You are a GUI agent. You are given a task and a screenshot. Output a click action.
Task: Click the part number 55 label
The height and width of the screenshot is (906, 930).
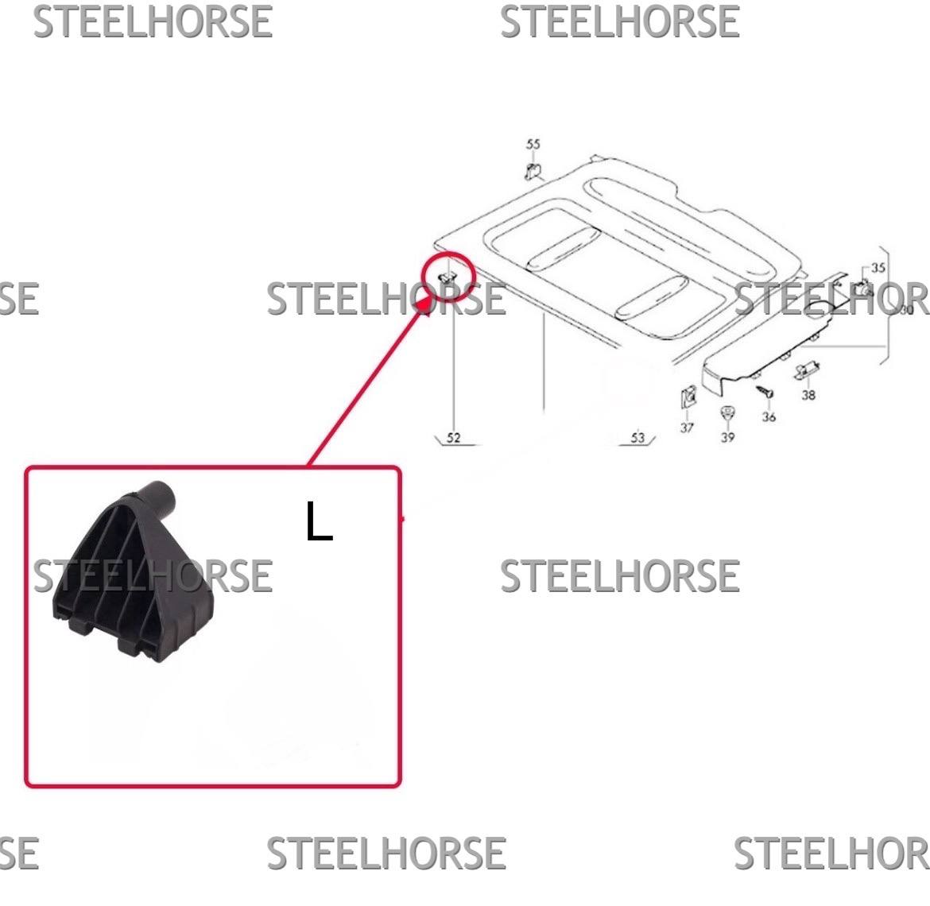tap(533, 144)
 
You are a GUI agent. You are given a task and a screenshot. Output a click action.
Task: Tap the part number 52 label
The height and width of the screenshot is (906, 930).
tap(453, 438)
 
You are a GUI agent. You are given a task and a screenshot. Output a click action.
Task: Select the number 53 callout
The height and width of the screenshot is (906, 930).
tap(637, 438)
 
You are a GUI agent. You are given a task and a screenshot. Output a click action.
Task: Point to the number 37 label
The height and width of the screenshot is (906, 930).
tap(687, 428)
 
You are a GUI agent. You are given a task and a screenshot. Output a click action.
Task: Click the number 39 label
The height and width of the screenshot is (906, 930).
tap(728, 437)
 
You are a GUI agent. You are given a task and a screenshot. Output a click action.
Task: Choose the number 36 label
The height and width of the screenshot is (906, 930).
tap(769, 416)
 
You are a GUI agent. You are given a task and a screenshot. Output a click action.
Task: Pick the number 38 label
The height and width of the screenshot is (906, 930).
tap(808, 395)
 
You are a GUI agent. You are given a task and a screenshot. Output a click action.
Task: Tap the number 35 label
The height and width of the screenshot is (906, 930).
tap(878, 268)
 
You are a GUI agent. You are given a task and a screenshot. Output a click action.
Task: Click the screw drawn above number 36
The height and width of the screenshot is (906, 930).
tap(765, 391)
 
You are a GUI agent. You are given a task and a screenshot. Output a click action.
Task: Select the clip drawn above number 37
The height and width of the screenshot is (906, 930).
tap(688, 397)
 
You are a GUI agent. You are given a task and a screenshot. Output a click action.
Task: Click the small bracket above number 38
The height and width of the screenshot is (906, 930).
tap(807, 370)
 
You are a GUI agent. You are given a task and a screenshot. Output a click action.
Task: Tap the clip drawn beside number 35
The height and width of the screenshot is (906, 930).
tap(866, 288)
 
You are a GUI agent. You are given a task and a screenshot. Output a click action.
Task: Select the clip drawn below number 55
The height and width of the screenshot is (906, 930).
tap(533, 171)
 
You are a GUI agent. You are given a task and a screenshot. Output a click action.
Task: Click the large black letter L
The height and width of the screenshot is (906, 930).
tap(319, 521)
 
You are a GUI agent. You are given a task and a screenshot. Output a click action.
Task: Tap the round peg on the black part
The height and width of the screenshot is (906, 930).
tap(157, 497)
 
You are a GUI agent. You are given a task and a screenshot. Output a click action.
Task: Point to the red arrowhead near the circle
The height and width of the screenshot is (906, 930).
tap(425, 306)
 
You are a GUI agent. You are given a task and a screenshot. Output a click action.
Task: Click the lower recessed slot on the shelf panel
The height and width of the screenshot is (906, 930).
tap(651, 297)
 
